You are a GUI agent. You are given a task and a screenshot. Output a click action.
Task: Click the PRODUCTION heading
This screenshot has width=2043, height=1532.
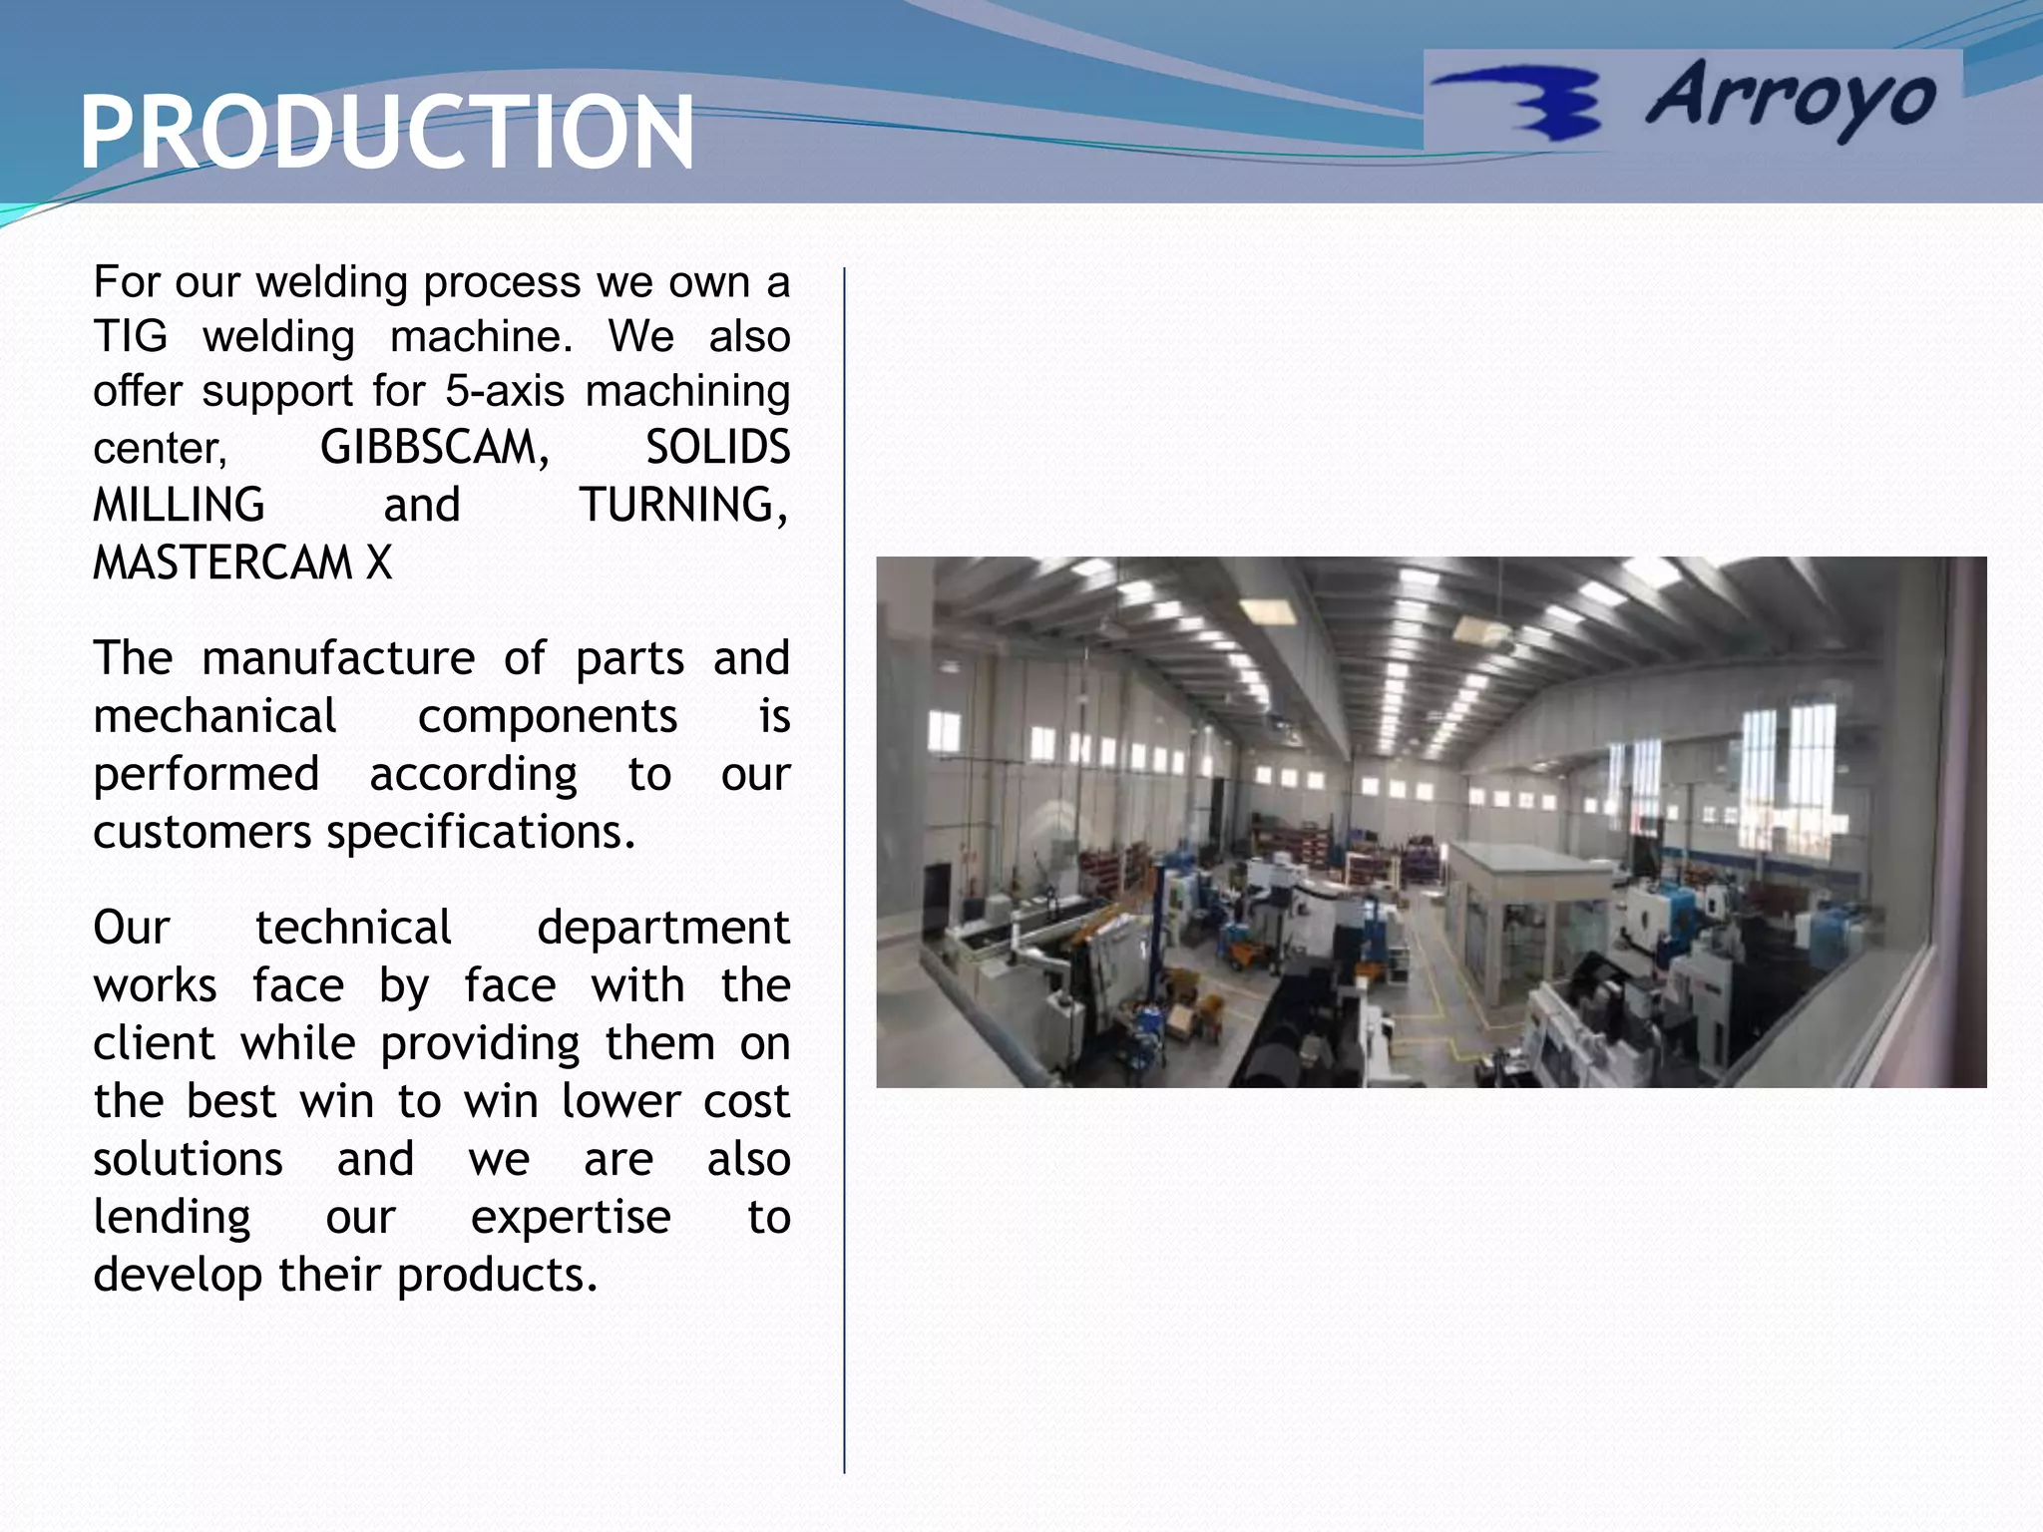point(386,133)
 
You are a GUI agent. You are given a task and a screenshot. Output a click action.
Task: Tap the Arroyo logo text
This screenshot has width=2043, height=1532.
point(1791,99)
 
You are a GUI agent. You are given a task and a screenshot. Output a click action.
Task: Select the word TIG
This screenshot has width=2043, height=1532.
point(130,337)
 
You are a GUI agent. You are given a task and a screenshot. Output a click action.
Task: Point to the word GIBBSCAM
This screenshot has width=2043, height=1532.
point(434,448)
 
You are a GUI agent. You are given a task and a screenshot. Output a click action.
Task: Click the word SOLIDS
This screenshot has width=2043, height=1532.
point(717,448)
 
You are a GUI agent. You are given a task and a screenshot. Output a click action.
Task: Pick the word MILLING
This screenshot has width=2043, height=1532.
point(179,506)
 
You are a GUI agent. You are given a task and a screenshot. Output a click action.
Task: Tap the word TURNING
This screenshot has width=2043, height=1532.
point(682,506)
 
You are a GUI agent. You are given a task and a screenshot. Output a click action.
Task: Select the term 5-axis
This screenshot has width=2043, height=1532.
point(505,391)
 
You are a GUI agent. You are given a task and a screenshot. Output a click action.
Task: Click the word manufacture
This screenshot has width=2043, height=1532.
point(338,658)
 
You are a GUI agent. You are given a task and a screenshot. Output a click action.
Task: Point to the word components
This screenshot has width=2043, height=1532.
point(547,716)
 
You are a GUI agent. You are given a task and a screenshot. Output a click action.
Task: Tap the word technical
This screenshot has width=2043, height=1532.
point(353,928)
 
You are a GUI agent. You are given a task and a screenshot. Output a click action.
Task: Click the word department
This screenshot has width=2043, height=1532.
point(662,928)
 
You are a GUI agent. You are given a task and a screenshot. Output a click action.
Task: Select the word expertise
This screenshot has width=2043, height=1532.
point(571,1217)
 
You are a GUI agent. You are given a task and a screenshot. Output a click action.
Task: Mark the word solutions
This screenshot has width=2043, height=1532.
point(188,1159)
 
